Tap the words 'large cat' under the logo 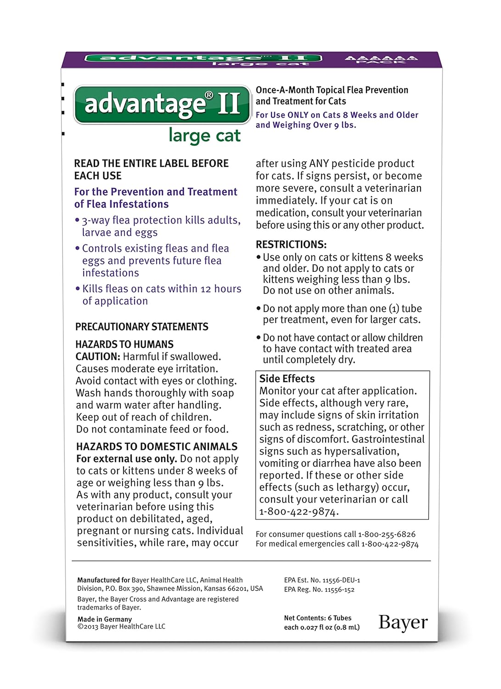pyautogui.click(x=204, y=136)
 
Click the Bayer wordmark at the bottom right pyautogui.click(x=403, y=622)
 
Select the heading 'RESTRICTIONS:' pyautogui.click(x=291, y=244)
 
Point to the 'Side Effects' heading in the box pyautogui.click(x=287, y=378)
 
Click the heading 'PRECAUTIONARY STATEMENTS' pyautogui.click(x=141, y=327)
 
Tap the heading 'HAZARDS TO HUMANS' pyautogui.click(x=124, y=344)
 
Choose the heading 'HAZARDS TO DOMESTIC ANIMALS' pyautogui.click(x=157, y=446)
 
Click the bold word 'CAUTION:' pyautogui.click(x=98, y=356)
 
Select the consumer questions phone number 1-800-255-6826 pyautogui.click(x=387, y=534)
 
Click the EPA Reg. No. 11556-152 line pyautogui.click(x=319, y=589)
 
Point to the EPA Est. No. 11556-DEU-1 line pyautogui.click(x=322, y=580)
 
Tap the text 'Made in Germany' pyautogui.click(x=104, y=619)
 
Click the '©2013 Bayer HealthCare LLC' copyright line pyautogui.click(x=121, y=627)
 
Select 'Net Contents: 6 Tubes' pyautogui.click(x=317, y=618)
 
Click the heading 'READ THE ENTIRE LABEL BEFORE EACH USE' pyautogui.click(x=151, y=169)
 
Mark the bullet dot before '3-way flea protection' pyautogui.click(x=77, y=220)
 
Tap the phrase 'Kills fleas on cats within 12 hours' pyautogui.click(x=162, y=289)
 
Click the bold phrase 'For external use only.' pyautogui.click(x=126, y=459)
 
